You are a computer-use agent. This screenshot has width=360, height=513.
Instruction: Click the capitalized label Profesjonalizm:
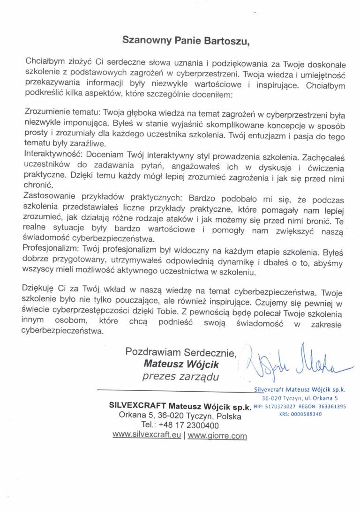(x=52, y=245)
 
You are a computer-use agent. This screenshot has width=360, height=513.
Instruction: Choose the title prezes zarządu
(x=180, y=376)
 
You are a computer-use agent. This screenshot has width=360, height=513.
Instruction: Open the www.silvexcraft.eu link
(x=147, y=435)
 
